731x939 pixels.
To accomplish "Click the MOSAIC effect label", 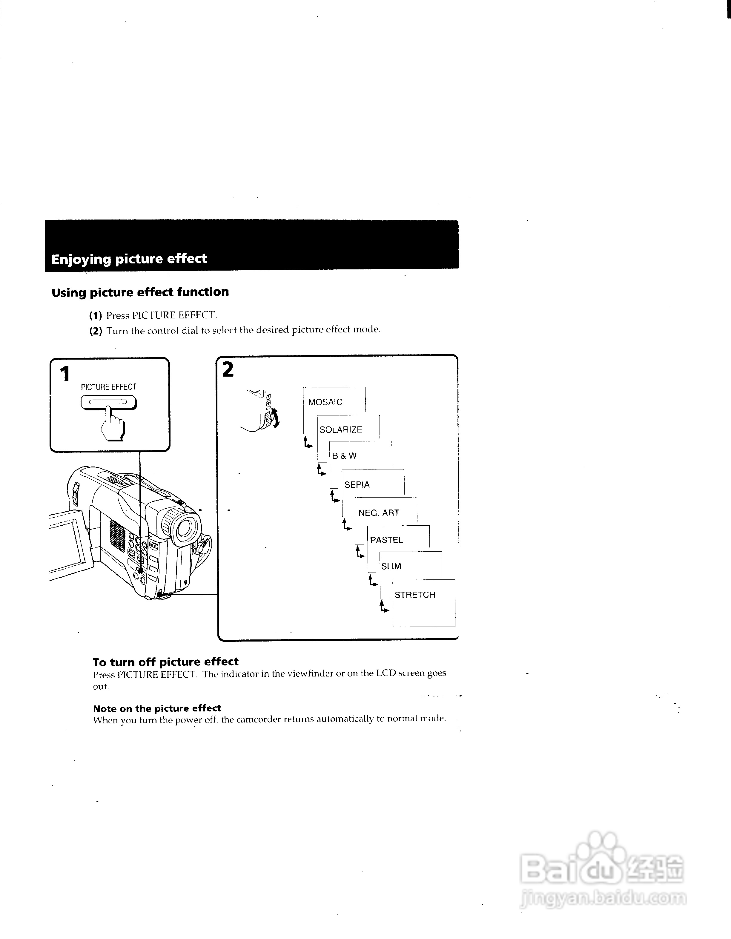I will point(325,402).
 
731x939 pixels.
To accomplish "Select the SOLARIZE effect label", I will point(341,429).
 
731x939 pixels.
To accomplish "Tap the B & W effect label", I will point(344,456).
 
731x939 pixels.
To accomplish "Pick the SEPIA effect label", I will point(357,484).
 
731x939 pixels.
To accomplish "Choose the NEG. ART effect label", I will point(379,513).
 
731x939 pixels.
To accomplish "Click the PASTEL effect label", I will point(386,540).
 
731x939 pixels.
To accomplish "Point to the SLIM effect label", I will point(391,566).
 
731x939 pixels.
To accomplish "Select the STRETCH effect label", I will point(415,595).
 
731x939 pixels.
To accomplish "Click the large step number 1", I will point(65,374).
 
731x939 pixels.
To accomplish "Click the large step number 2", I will point(228,370).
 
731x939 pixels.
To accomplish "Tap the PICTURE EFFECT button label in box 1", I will point(108,387).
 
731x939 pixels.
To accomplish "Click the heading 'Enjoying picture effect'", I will point(129,259).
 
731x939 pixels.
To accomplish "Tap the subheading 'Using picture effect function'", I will point(140,292).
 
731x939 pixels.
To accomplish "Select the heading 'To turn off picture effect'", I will point(165,662).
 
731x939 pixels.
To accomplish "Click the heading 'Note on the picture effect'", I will point(157,708).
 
